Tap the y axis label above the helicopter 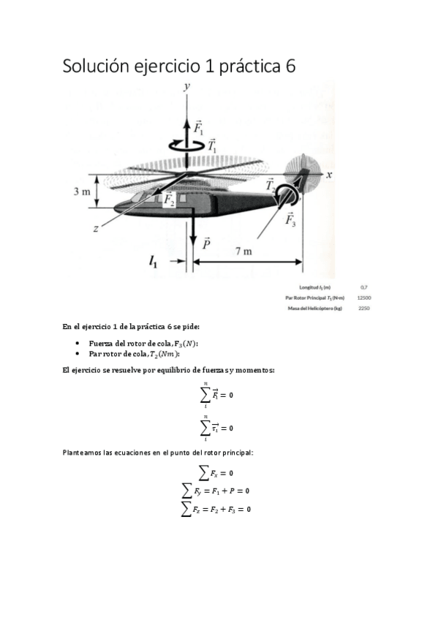(x=187, y=86)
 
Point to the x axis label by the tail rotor (x=329, y=175)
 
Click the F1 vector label (x=198, y=128)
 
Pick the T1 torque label (x=213, y=146)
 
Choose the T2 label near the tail (x=271, y=186)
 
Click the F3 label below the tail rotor (x=290, y=219)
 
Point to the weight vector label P (x=208, y=244)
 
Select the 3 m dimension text (x=82, y=192)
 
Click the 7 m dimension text (x=243, y=252)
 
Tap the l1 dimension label (x=153, y=261)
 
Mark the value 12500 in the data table (x=363, y=298)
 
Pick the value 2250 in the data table (x=363, y=309)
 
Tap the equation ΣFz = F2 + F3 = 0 (x=217, y=507)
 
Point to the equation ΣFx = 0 (x=216, y=473)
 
